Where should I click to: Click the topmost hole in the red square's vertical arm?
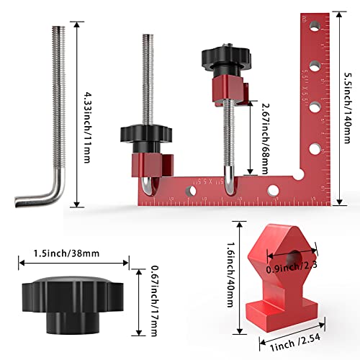(315, 27)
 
